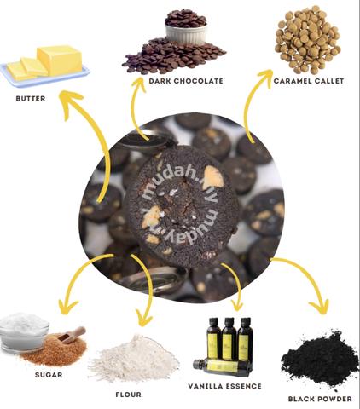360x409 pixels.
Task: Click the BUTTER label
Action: click(x=31, y=99)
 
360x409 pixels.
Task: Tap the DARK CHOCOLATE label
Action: click(x=186, y=81)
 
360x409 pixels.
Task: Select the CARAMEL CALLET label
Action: click(x=309, y=81)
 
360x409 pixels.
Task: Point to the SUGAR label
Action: click(x=49, y=375)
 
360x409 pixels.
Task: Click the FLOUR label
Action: click(x=129, y=395)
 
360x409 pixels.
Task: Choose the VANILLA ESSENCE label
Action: click(x=224, y=386)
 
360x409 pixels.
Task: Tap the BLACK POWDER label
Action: click(x=320, y=399)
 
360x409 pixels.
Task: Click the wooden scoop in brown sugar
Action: click(x=72, y=335)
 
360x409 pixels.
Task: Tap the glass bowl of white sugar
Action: click(x=23, y=331)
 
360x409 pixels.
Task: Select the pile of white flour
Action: click(x=134, y=360)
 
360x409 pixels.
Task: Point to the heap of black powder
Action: click(x=319, y=360)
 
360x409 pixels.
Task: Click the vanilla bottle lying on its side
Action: click(x=223, y=367)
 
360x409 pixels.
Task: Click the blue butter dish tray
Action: click(x=45, y=76)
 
